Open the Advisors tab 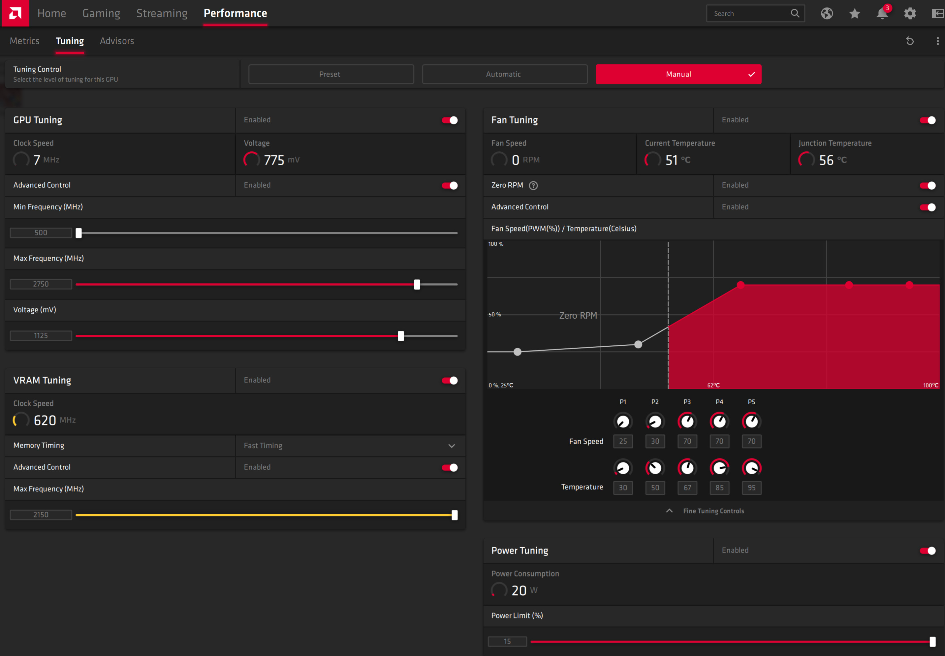pyautogui.click(x=117, y=41)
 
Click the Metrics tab pyautogui.click(x=25, y=41)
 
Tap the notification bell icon pyautogui.click(x=882, y=13)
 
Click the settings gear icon pyautogui.click(x=910, y=14)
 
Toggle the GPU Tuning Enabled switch pyautogui.click(x=450, y=120)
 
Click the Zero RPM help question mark pyautogui.click(x=533, y=185)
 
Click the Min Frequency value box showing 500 pyautogui.click(x=41, y=233)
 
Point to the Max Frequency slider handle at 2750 pyautogui.click(x=417, y=284)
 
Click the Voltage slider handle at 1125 pyautogui.click(x=401, y=336)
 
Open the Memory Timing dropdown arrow pyautogui.click(x=451, y=446)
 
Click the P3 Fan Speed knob pyautogui.click(x=687, y=421)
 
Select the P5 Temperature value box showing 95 pyautogui.click(x=751, y=488)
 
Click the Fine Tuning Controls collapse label pyautogui.click(x=713, y=511)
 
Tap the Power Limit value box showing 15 pyautogui.click(x=507, y=641)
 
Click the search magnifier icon pyautogui.click(x=795, y=13)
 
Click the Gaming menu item pyautogui.click(x=101, y=14)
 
